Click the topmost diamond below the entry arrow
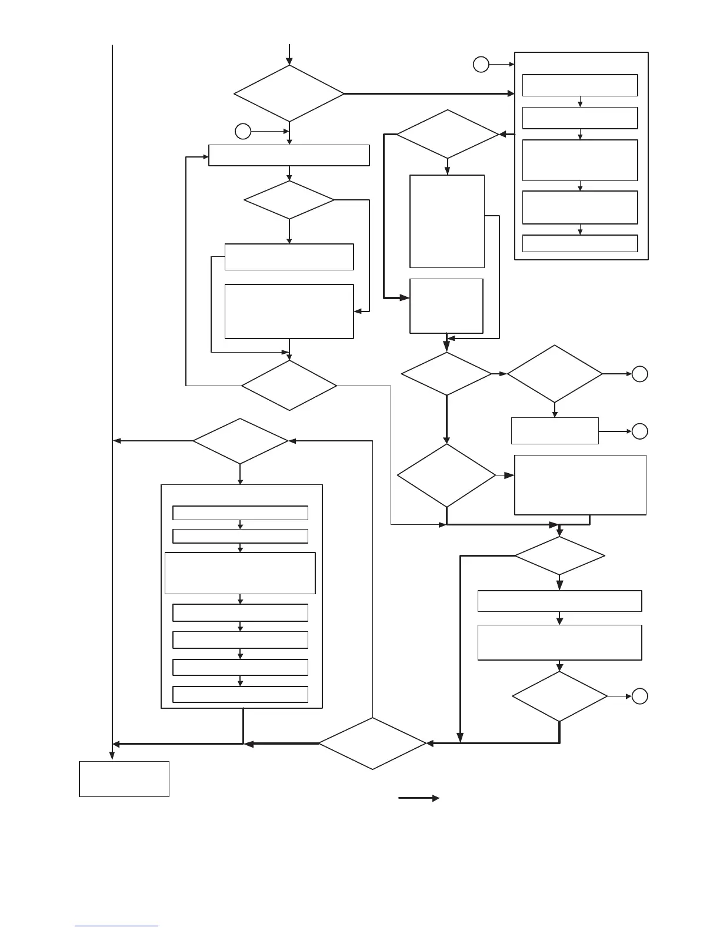pos(289,93)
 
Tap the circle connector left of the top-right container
pos(481,64)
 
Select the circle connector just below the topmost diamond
pos(243,131)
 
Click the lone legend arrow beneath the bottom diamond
pos(419,798)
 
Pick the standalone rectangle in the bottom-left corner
pos(124,779)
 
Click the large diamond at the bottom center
pos(372,744)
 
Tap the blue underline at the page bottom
pos(116,926)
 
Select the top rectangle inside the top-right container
pos(580,85)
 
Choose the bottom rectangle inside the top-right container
pos(580,243)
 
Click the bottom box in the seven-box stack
pos(240,694)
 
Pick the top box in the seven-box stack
pos(240,513)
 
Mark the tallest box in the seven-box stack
pos(240,573)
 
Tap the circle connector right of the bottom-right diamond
pos(640,696)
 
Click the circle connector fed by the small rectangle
pos(640,431)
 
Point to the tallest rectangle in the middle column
pos(447,221)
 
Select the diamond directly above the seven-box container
pos(240,441)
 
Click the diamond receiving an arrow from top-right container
pos(448,134)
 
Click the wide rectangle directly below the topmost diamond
pos(289,156)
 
